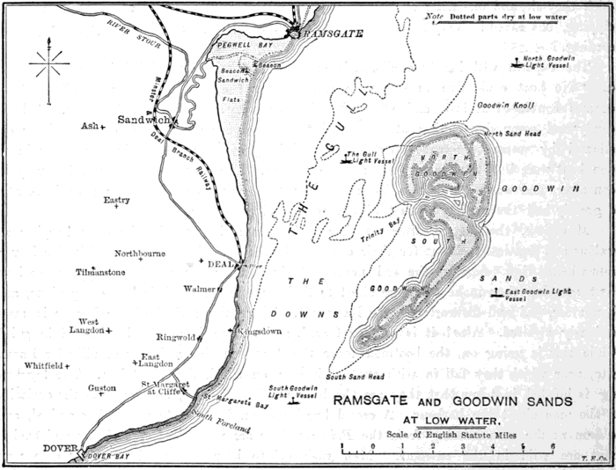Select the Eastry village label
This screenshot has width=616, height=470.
point(116,200)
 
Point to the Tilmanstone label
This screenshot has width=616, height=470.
point(100,272)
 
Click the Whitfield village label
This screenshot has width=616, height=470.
point(44,364)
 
